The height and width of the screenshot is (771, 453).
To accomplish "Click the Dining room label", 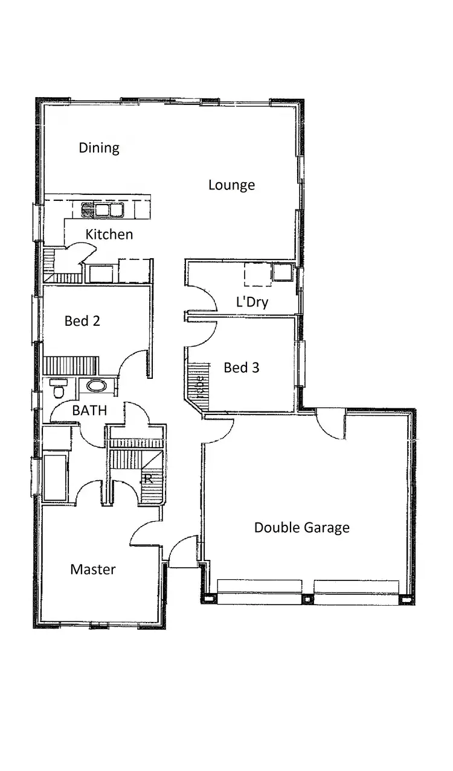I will [x=99, y=148].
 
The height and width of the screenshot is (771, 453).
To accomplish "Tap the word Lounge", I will [x=231, y=185].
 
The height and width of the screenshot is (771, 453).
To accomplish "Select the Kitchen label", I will [x=109, y=234].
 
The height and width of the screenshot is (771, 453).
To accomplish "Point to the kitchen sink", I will [x=103, y=210].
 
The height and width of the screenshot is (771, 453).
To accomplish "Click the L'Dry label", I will [x=252, y=302].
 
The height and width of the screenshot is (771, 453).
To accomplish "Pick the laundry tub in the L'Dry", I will [x=281, y=273].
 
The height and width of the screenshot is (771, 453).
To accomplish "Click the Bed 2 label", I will [x=82, y=321].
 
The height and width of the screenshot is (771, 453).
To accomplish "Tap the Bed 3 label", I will [x=242, y=367].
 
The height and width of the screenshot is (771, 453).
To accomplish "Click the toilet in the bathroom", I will [x=59, y=389].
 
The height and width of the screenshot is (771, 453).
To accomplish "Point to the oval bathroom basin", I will [x=95, y=386].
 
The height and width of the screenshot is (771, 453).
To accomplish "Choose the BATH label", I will [x=89, y=411].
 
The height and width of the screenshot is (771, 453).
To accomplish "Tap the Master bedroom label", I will [x=93, y=569].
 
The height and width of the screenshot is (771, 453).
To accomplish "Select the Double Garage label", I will [x=301, y=528].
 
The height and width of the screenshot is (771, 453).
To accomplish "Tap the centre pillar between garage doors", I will [x=307, y=599].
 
